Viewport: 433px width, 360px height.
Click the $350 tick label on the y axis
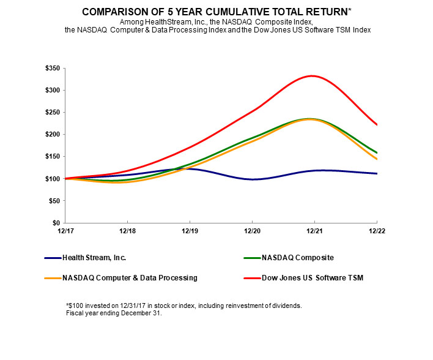click(53, 69)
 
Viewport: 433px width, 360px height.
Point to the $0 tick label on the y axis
click(57, 223)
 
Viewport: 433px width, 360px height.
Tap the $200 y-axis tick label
click(53, 135)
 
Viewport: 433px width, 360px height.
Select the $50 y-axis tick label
click(54, 201)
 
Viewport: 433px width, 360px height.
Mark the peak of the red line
click(312, 76)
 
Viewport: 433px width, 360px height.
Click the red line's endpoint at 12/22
click(376, 125)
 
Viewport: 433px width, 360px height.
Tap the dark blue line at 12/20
click(252, 179)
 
